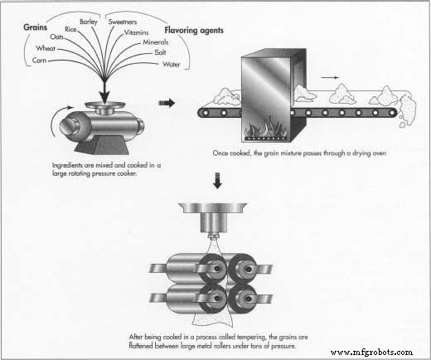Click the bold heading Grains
tap(35, 27)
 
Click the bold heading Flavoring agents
tap(194, 30)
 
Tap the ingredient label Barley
tap(89, 22)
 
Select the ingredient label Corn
tap(39, 60)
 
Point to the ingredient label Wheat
tap(46, 48)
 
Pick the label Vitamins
tap(136, 32)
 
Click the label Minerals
tap(156, 42)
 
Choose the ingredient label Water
tap(172, 64)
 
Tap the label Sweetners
tap(123, 22)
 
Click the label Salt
tap(160, 52)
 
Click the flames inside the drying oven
tap(264, 127)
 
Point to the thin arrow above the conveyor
tap(330, 78)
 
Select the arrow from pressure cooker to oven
tap(167, 103)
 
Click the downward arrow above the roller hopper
tap(218, 180)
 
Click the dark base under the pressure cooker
tap(103, 145)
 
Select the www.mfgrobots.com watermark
tap(371, 352)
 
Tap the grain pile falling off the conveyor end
tap(407, 110)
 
